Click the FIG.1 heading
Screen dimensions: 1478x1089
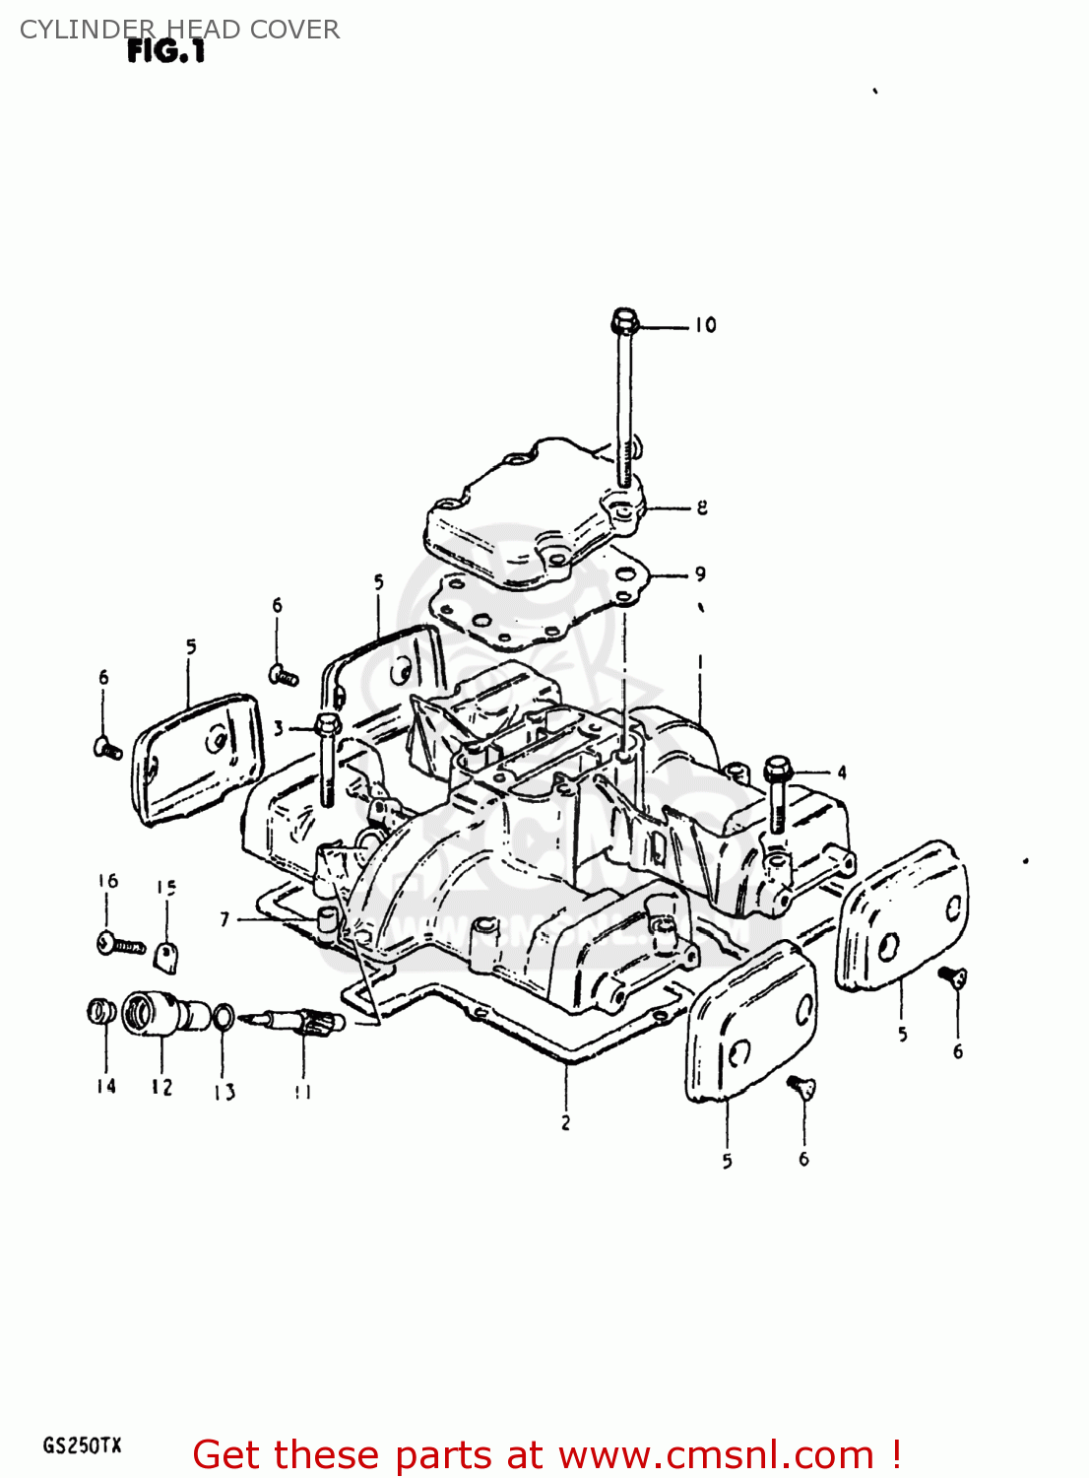coord(165,52)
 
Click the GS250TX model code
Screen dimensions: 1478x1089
coord(82,1446)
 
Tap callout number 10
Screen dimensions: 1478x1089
coord(705,325)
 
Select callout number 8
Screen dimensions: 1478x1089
coord(702,507)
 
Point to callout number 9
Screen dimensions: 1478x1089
coord(700,573)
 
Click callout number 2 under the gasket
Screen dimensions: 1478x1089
coord(565,1122)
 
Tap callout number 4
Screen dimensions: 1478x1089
coord(842,773)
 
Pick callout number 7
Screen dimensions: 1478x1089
coord(224,919)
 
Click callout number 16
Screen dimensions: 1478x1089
coord(108,881)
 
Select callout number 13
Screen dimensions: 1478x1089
coord(224,1092)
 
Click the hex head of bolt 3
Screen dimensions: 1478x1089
coord(327,728)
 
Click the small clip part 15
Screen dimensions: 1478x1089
coord(167,956)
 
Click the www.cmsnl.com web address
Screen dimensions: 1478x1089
coord(716,1454)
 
